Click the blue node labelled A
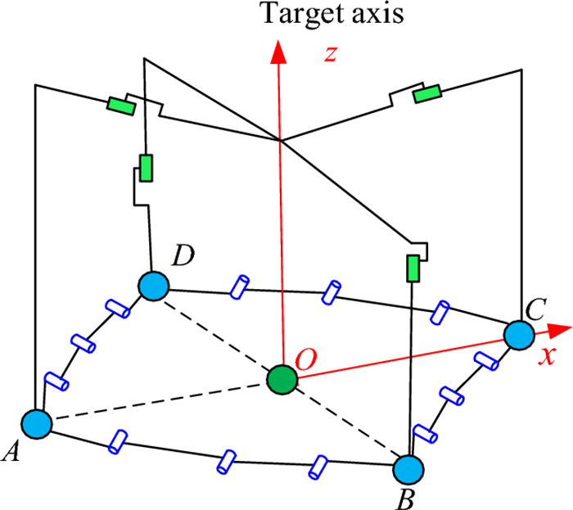(37, 424)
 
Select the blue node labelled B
(408, 470)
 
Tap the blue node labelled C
(519, 335)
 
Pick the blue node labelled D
(154, 286)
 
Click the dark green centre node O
(282, 380)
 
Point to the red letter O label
(305, 359)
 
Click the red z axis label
(331, 54)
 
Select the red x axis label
(547, 355)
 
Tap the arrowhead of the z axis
(278, 52)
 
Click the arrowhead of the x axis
(559, 330)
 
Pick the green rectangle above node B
(413, 269)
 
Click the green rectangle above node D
(146, 168)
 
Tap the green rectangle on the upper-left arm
(121, 106)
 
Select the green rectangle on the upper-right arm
(426, 94)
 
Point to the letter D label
(183, 255)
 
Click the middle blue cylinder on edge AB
(226, 463)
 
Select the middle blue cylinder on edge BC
(452, 395)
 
